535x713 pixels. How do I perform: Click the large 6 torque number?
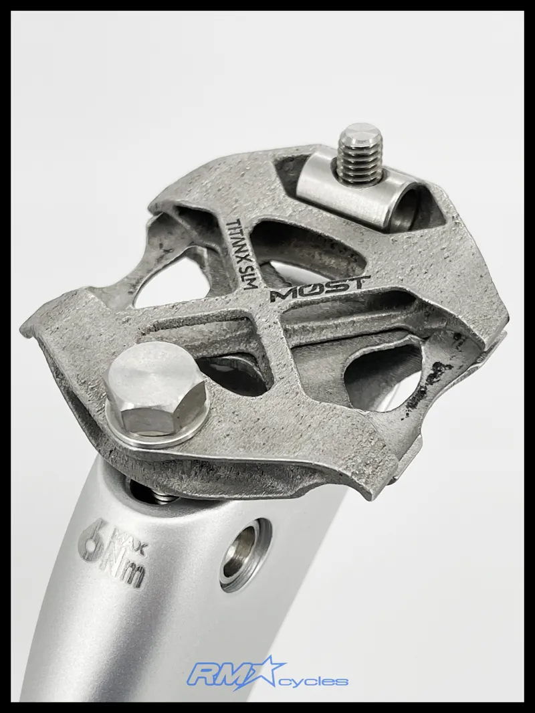(x=92, y=540)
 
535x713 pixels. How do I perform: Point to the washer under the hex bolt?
(x=194, y=428)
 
